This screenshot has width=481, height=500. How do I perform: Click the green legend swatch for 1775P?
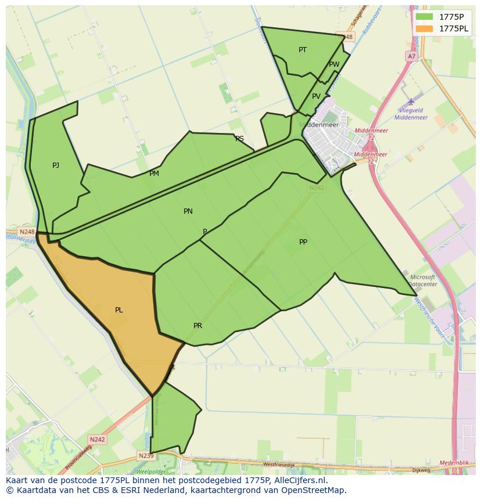coord(424,17)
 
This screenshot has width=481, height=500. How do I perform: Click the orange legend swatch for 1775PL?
coord(424,28)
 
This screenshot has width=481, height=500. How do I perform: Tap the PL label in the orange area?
coord(119,310)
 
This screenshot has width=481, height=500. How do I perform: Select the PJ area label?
coord(56,166)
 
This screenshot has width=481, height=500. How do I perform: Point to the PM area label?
coord(154,174)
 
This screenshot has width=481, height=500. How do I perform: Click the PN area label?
coord(188,211)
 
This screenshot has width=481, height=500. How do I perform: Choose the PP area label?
coord(303,242)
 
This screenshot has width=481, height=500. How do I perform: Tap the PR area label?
coord(198,326)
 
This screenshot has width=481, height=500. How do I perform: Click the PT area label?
coord(303,50)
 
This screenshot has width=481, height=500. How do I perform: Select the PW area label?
coord(334,64)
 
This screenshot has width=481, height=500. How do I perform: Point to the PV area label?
coord(316,96)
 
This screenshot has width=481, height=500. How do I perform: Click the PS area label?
coord(239,139)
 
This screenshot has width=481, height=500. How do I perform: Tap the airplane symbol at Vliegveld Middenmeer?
coord(412,102)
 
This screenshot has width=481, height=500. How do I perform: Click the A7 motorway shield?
coord(411,56)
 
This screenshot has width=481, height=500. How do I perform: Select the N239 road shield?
coord(146,456)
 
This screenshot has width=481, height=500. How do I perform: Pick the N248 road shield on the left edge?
coord(27,232)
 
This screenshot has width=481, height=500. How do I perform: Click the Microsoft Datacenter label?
coord(423,281)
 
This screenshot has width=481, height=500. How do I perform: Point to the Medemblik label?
coord(454,463)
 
